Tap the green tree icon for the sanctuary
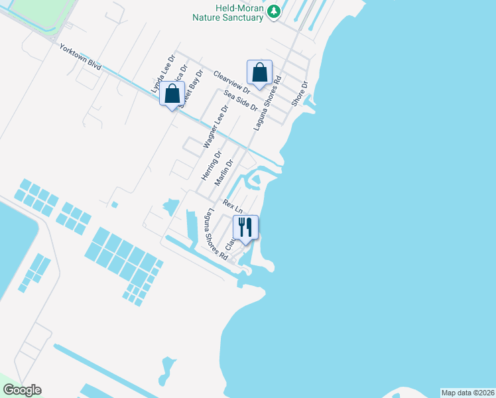pos(273,12)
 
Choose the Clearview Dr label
pos(231,81)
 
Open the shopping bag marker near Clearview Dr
pos(259,73)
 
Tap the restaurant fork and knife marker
pos(245,228)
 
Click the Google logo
pos(22,390)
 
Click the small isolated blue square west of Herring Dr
pos(115,204)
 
